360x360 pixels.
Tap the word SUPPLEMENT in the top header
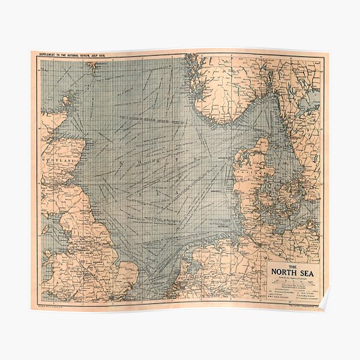52,55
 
